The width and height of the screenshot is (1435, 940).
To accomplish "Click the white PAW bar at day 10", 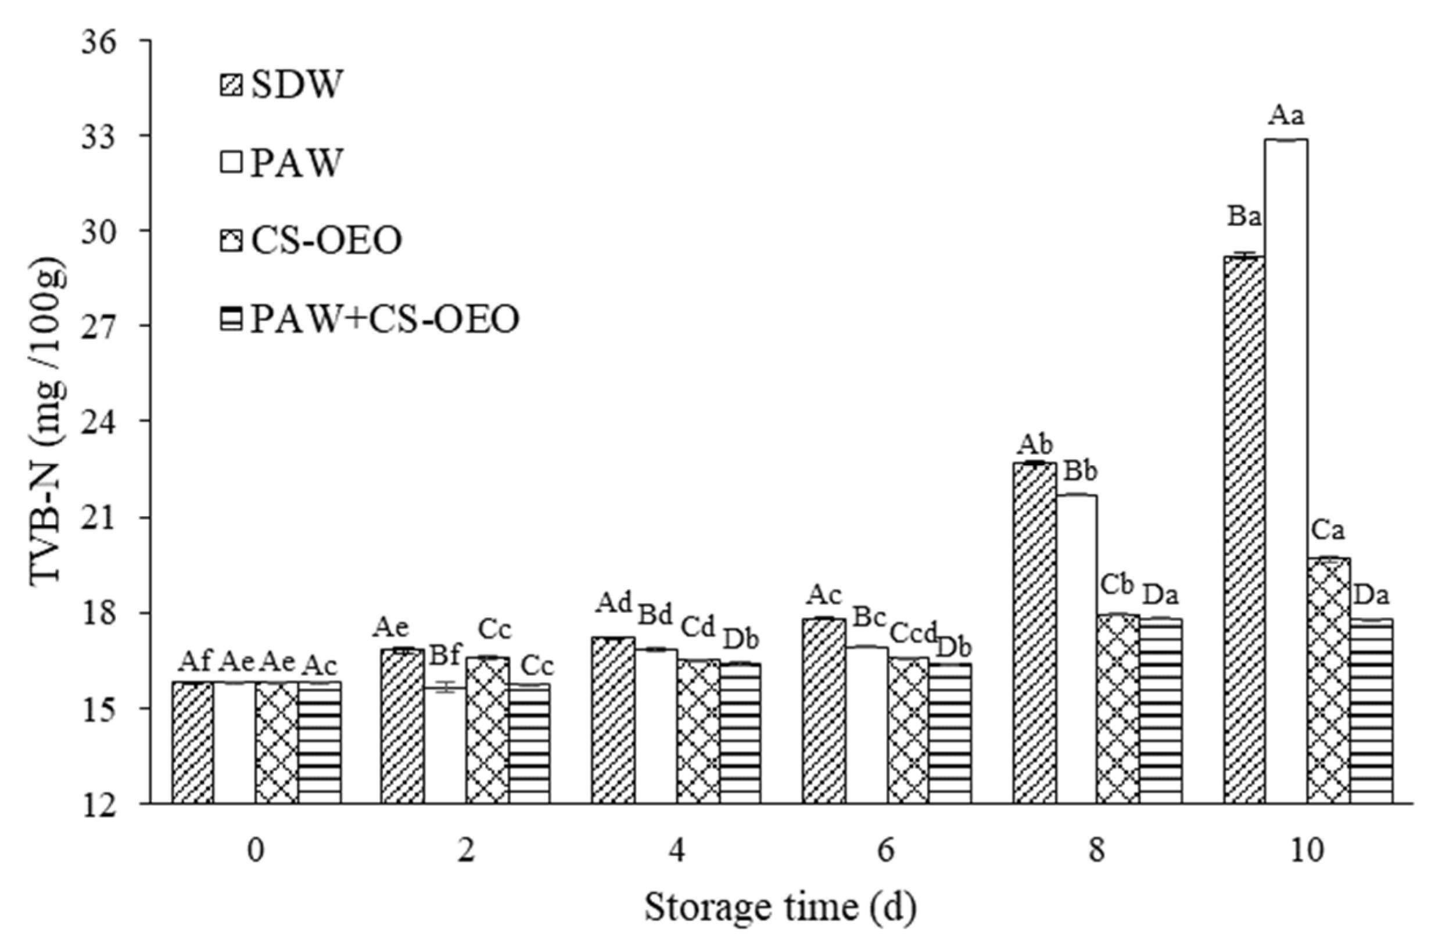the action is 1286,470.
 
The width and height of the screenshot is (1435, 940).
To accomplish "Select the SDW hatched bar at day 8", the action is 1035,633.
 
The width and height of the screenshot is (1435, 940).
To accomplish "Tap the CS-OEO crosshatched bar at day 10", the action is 1329,681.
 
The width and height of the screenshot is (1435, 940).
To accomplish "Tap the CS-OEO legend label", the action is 326,241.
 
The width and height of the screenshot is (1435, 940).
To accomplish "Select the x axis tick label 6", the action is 887,852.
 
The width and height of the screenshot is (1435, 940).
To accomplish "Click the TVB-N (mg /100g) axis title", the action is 47,422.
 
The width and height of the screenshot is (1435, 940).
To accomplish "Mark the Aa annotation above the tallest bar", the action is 1285,115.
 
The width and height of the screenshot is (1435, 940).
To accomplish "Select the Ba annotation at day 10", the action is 1244,217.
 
